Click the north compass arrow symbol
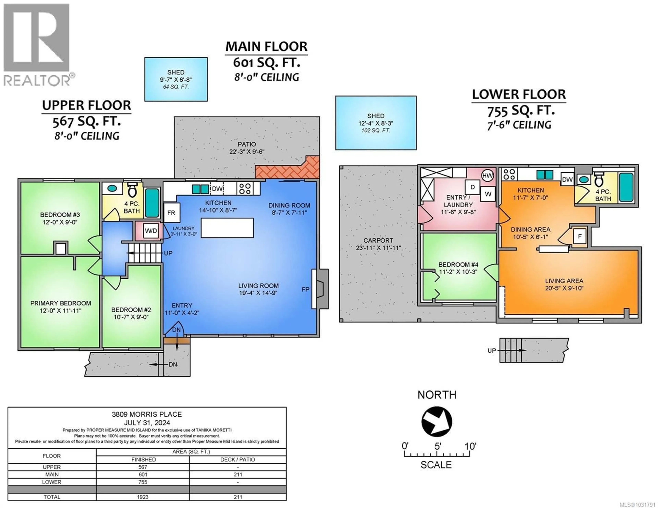437,421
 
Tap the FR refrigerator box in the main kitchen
171,213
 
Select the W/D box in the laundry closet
151,231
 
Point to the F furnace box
579,236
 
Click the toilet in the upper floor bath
132,190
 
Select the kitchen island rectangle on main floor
227,228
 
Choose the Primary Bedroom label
60,303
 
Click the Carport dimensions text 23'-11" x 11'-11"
378,248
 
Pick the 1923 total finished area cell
143,497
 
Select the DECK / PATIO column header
238,460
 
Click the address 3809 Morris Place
147,414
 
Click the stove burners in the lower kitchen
509,174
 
